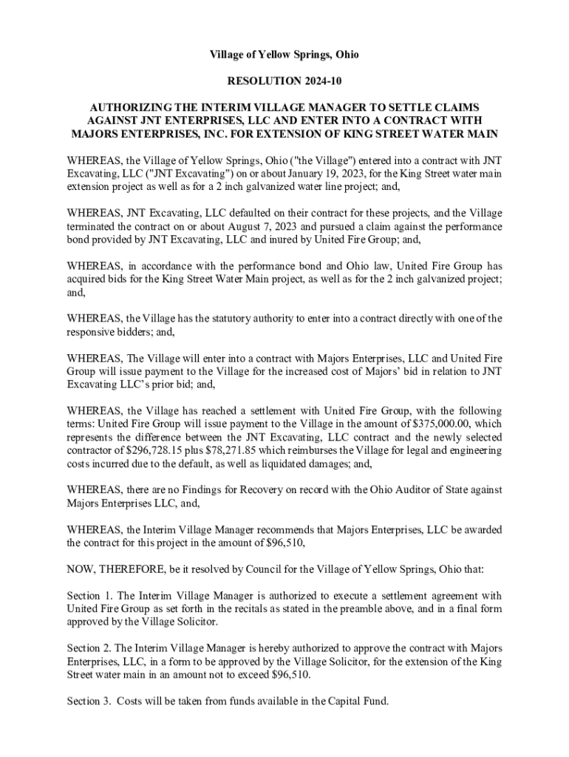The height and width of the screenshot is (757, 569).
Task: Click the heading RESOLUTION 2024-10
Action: click(x=284, y=81)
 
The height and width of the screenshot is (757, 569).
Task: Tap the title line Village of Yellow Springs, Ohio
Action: click(x=284, y=55)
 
